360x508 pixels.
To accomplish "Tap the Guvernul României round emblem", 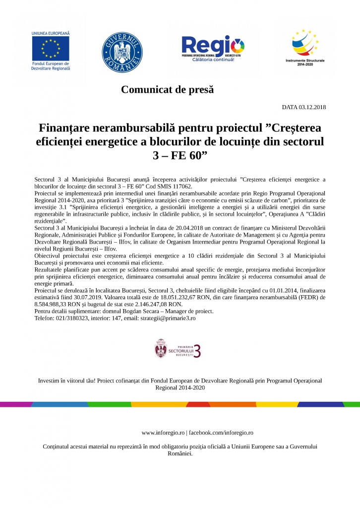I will pos(122,51).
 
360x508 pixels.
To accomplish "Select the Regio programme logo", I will pos(212,50).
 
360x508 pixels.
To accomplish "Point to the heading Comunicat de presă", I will pos(167,90).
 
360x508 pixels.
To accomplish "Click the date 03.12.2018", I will pos(312,107).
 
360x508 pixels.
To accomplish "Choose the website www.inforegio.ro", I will pos(163,433).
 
